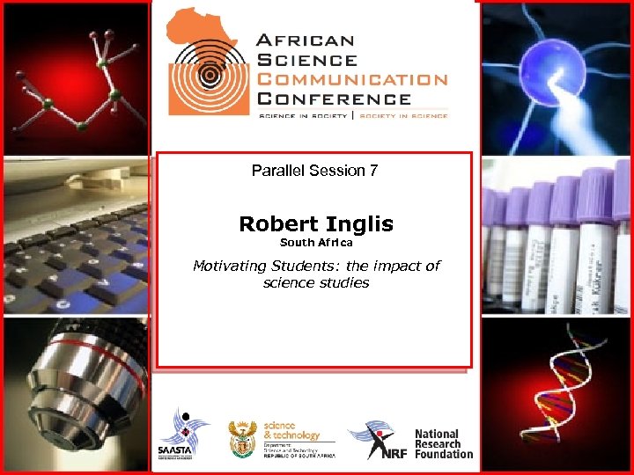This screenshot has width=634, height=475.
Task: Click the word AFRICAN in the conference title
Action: click(305, 40)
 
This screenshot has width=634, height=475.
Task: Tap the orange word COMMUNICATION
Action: click(351, 79)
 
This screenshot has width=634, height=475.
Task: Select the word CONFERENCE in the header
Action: click(333, 99)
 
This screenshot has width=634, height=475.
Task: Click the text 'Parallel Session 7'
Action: click(314, 171)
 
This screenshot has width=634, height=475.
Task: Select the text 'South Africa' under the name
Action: click(316, 242)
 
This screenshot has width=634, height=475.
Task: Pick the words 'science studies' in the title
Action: click(315, 282)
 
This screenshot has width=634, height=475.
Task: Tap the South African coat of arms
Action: click(242, 438)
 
